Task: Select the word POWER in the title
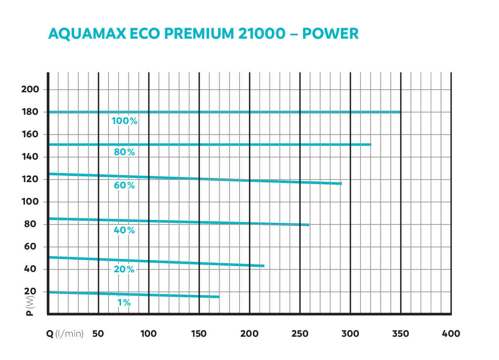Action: click(330, 33)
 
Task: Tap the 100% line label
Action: click(124, 121)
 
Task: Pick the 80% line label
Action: click(124, 153)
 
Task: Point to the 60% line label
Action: click(124, 186)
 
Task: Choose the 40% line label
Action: click(124, 230)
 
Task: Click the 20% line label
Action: click(124, 269)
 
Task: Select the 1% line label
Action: click(124, 303)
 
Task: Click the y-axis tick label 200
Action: click(30, 90)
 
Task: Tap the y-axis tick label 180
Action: click(30, 112)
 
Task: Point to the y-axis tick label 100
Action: click(30, 202)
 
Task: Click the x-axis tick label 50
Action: click(98, 334)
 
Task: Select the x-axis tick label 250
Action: click(300, 334)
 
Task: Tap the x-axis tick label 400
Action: click(451, 334)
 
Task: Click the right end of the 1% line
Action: click(219, 297)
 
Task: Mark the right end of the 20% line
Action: click(264, 266)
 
